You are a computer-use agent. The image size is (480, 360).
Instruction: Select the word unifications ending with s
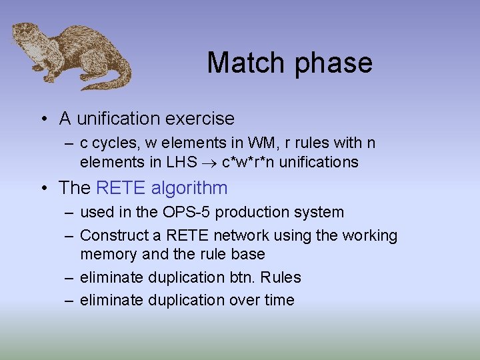point(319,162)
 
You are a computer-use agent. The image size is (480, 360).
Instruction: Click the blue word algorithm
point(189,188)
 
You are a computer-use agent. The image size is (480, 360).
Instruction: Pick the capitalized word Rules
point(283,277)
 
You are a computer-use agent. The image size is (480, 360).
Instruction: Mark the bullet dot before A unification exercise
point(43,119)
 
